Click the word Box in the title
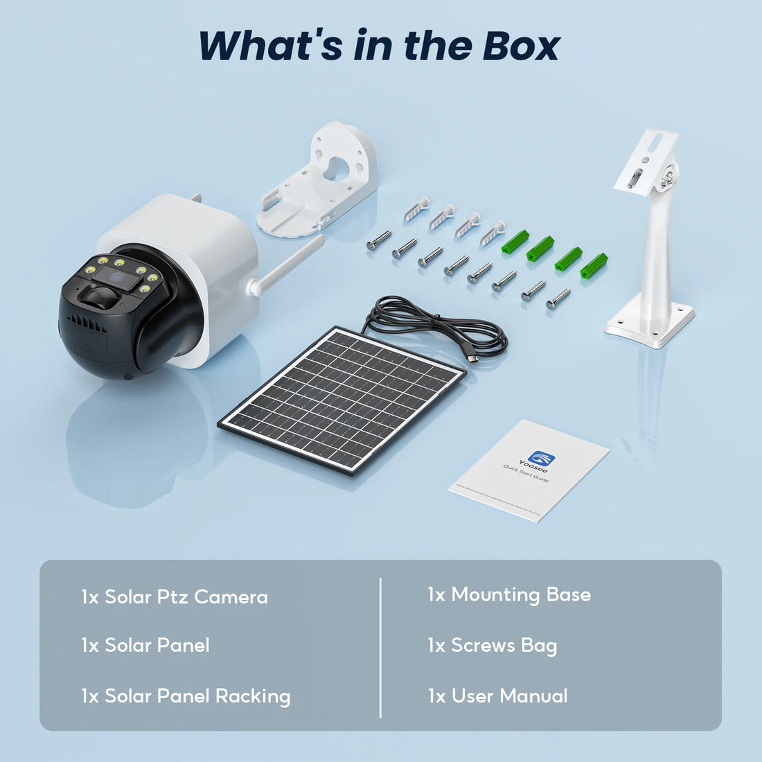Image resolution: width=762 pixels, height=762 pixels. point(521,46)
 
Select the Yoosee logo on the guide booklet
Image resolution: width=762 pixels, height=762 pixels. point(538,459)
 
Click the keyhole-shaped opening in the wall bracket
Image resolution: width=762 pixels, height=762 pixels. point(337,166)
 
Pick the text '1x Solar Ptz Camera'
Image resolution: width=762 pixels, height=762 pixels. point(174,597)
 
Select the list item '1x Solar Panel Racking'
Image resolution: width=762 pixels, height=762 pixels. point(185,696)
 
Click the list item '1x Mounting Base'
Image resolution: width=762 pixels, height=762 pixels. point(508,595)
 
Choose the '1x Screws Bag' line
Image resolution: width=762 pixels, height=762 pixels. point(492,646)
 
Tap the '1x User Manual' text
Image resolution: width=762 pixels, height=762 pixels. point(497,696)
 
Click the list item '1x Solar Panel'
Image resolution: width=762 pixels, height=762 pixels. point(145,646)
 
